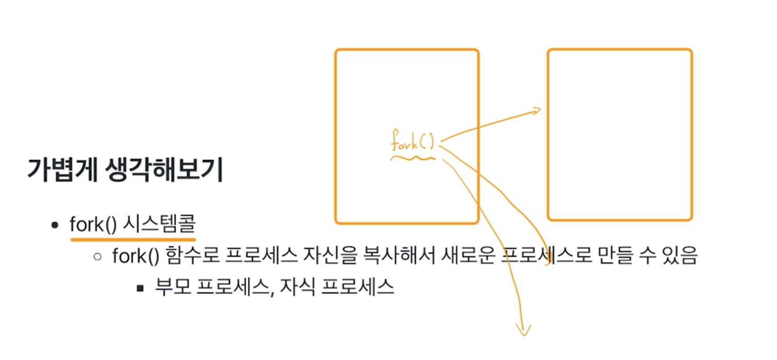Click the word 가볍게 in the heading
pyautogui.click(x=62, y=170)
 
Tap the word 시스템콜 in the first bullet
pyautogui.click(x=159, y=223)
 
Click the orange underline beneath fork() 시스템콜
pyautogui.click(x=133, y=239)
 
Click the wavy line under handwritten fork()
pyautogui.click(x=412, y=158)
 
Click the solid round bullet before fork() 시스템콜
pyautogui.click(x=55, y=225)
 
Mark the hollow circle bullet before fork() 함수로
pyautogui.click(x=98, y=256)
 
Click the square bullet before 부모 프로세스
pyautogui.click(x=140, y=288)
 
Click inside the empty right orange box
pyautogui.click(x=619, y=134)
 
